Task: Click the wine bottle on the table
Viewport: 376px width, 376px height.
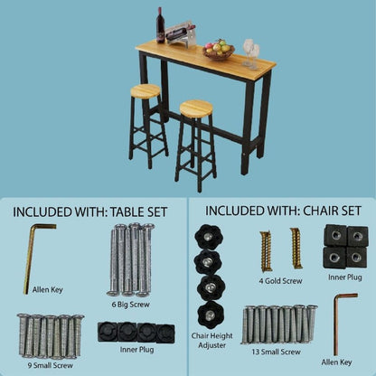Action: (x=161, y=25)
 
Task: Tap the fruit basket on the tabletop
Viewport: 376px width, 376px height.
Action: (x=218, y=50)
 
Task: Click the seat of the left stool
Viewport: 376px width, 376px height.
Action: (x=146, y=90)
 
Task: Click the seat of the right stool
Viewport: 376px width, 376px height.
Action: (x=195, y=108)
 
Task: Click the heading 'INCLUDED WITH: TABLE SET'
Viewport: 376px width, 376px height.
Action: (x=89, y=211)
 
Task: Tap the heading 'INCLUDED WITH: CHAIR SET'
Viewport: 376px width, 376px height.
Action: (x=281, y=211)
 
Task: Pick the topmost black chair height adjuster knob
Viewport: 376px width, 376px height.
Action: (x=208, y=237)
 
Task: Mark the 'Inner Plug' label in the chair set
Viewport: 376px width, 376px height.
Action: (x=345, y=279)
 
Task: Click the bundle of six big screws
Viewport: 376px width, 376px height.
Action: (x=129, y=258)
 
